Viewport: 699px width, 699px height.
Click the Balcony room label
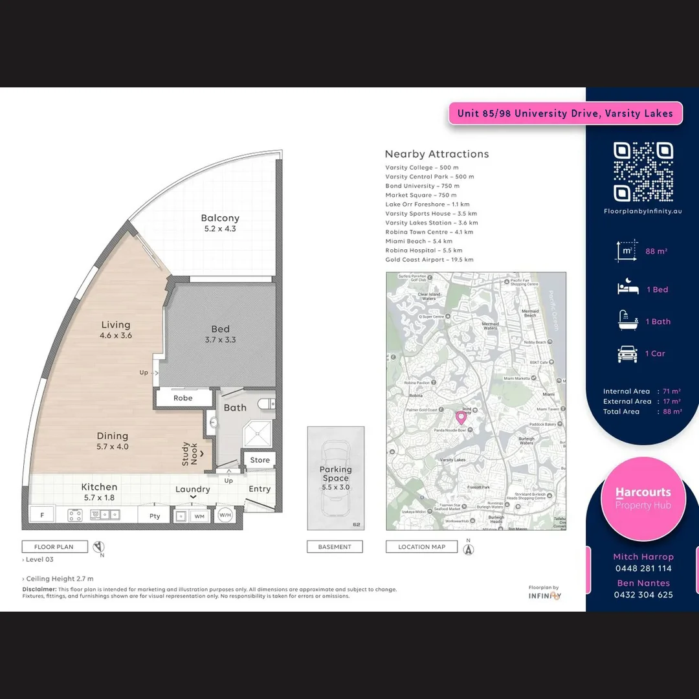[x=220, y=219]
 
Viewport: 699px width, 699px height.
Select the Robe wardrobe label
[x=183, y=398]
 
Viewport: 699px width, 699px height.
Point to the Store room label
[x=260, y=460]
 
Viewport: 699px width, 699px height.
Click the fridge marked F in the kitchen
[x=43, y=515]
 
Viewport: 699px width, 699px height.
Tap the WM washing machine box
[x=199, y=516]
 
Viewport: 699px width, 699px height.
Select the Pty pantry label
[x=155, y=516]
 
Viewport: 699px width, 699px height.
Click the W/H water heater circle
[x=225, y=515]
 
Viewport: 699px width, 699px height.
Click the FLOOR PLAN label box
[x=54, y=547]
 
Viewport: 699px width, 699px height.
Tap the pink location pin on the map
[x=461, y=417]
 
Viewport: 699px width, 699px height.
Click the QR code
[x=643, y=172]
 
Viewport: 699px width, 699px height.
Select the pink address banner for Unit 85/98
[x=565, y=113]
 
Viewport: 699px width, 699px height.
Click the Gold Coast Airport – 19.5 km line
[x=429, y=260]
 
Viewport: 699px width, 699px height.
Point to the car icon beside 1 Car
[x=627, y=353]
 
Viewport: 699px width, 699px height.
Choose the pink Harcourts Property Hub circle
[x=643, y=498]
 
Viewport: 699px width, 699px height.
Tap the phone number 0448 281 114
[x=643, y=568]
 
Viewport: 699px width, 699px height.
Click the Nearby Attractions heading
[x=437, y=154]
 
